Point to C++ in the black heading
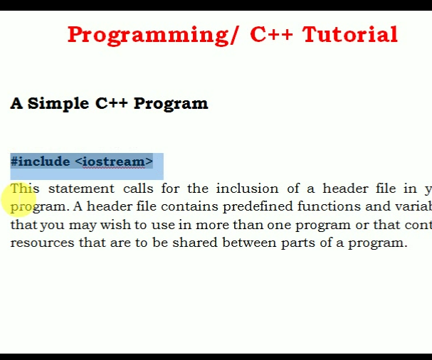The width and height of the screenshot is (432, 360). (x=112, y=103)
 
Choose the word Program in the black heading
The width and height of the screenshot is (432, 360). (x=171, y=103)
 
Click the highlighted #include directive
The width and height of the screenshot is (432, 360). (x=41, y=162)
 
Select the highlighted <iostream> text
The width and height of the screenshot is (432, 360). (x=114, y=162)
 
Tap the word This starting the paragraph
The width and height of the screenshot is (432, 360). (x=25, y=189)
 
